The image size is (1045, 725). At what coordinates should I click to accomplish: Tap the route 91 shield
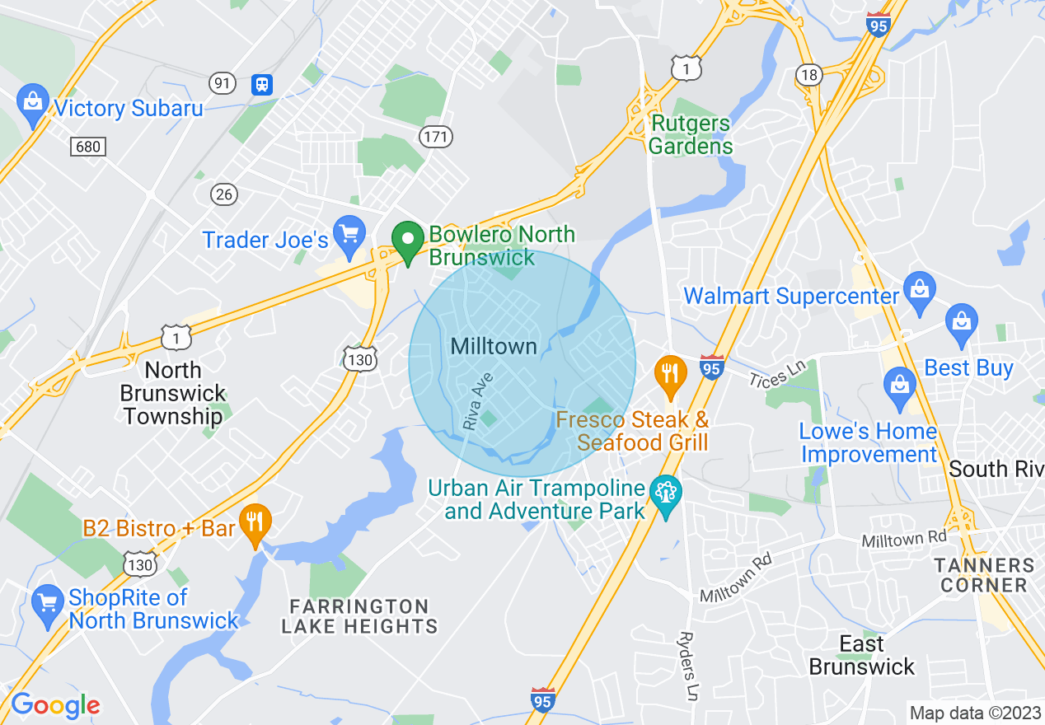click(x=223, y=83)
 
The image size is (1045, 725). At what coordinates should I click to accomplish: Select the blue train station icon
click(x=263, y=83)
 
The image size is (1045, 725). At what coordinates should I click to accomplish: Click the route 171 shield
click(x=435, y=136)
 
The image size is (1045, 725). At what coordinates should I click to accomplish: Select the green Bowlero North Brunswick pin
click(x=407, y=241)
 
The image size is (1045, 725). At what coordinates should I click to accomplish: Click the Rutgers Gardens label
click(x=691, y=135)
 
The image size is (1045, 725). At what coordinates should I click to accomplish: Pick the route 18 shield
click(x=809, y=75)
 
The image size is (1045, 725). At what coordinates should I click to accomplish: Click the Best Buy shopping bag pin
click(x=962, y=322)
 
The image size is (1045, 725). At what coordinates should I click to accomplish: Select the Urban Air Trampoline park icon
click(x=665, y=494)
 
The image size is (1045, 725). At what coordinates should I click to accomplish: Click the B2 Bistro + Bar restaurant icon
click(x=255, y=522)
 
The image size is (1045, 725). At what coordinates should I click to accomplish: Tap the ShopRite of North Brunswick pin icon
click(x=48, y=604)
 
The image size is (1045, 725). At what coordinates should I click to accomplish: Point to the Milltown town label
click(x=494, y=347)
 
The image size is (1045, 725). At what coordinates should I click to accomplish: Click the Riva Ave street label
click(x=478, y=401)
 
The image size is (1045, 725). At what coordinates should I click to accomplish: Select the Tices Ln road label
click(x=777, y=372)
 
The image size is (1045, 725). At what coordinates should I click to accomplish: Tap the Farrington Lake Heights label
click(x=359, y=616)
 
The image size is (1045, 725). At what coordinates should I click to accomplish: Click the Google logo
click(x=55, y=705)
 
